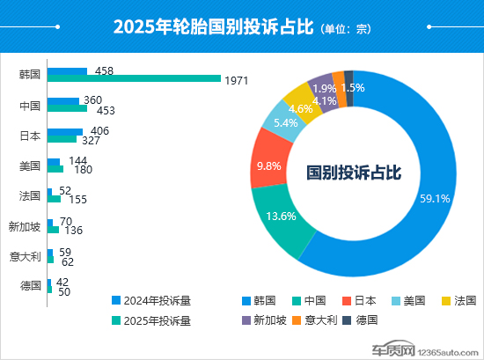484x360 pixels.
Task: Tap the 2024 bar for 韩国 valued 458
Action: (x=68, y=70)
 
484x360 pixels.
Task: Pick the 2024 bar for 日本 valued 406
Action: (x=65, y=131)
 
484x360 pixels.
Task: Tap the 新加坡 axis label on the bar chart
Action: (x=24, y=226)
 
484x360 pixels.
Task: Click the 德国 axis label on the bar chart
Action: (x=30, y=286)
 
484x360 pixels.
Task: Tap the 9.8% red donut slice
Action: (x=267, y=165)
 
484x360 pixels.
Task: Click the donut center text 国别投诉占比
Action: (x=354, y=173)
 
